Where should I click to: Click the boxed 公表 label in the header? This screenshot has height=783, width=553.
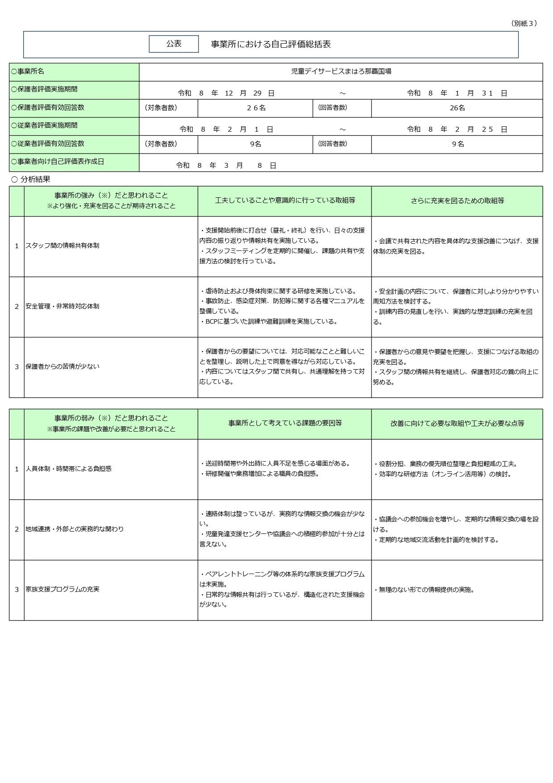(x=173, y=44)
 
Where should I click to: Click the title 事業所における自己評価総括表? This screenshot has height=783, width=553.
(x=271, y=44)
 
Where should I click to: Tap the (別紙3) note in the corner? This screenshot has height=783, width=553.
(x=524, y=23)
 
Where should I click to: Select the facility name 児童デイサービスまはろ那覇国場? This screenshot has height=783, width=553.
(x=341, y=71)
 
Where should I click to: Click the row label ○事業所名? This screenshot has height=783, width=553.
(x=28, y=71)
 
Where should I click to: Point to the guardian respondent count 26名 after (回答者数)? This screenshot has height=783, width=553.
(x=457, y=108)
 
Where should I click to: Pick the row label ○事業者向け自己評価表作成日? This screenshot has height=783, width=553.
(x=58, y=162)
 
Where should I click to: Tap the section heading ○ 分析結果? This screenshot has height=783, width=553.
(x=31, y=179)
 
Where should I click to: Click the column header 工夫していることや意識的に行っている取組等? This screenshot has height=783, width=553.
(x=285, y=200)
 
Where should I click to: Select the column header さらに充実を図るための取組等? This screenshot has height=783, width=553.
(x=457, y=201)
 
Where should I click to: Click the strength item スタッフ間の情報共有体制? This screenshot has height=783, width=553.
(x=62, y=246)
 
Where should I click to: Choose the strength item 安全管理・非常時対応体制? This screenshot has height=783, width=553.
(x=62, y=306)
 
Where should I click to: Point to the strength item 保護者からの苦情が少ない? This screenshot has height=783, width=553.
(x=62, y=367)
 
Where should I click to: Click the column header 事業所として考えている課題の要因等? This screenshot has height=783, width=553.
(x=285, y=423)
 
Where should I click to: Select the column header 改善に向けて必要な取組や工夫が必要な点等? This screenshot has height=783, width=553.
(x=457, y=423)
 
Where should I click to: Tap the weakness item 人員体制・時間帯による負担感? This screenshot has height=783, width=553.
(x=68, y=469)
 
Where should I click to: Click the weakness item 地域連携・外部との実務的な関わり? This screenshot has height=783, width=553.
(x=74, y=529)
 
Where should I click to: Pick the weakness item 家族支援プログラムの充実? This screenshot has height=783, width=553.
(x=62, y=589)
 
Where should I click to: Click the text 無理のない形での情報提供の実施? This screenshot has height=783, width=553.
(x=426, y=590)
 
